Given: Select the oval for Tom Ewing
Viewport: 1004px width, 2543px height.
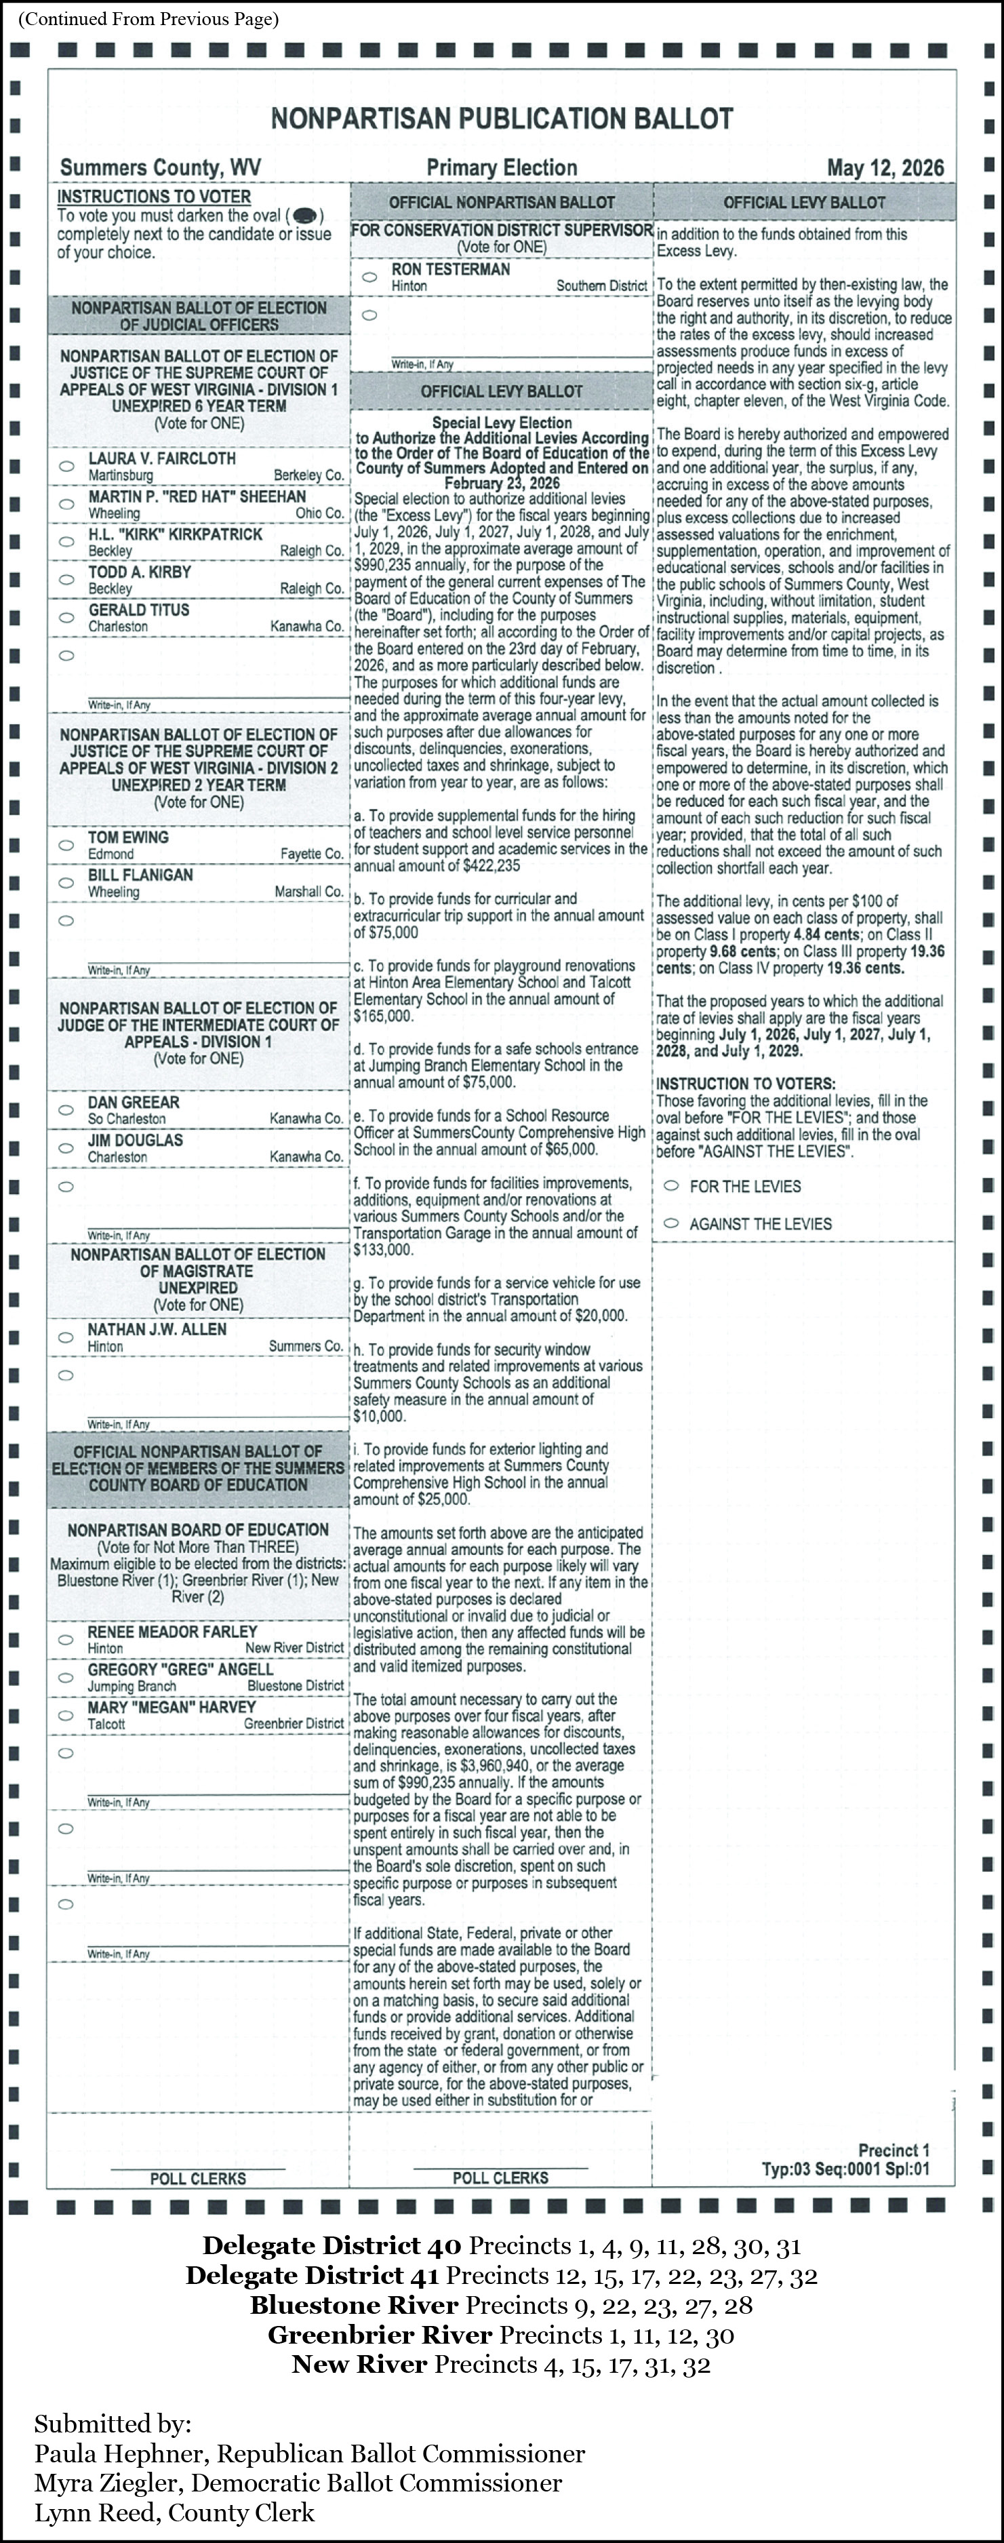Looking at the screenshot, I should pyautogui.click(x=66, y=845).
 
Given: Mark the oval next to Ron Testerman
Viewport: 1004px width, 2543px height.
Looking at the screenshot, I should pyautogui.click(x=370, y=277).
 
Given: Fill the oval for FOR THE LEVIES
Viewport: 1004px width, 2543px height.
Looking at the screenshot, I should pyautogui.click(x=671, y=1185).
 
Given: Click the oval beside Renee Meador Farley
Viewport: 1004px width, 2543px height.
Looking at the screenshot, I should pyautogui.click(x=66, y=1640).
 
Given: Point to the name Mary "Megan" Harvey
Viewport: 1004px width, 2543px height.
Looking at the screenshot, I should pyautogui.click(x=172, y=1707).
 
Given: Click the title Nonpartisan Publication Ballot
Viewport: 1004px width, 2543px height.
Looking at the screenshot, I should pyautogui.click(x=502, y=119).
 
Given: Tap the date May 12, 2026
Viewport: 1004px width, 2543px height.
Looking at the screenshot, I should pyautogui.click(x=885, y=167).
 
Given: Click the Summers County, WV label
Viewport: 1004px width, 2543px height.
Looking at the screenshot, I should pyautogui.click(x=160, y=167).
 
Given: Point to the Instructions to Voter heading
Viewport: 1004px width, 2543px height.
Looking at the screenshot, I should pyautogui.click(x=154, y=197).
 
